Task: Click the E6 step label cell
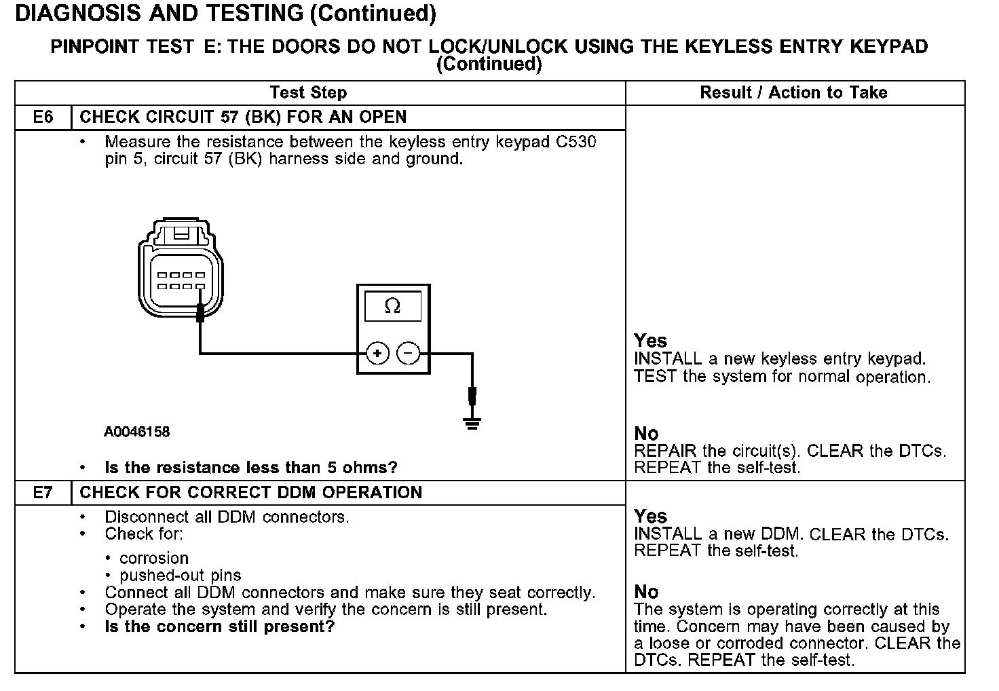click(x=43, y=117)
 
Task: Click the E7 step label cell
click(x=43, y=493)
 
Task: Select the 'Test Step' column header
click(x=308, y=93)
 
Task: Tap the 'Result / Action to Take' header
click(x=793, y=93)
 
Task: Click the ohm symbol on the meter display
click(x=392, y=307)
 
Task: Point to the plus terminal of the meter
click(x=377, y=353)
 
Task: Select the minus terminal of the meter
click(x=408, y=353)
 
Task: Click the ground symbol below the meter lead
click(x=472, y=424)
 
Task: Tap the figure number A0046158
click(x=137, y=432)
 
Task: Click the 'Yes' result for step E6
click(x=650, y=341)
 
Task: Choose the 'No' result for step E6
click(x=646, y=434)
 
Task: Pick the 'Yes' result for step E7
click(x=650, y=517)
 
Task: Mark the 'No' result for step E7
click(x=646, y=592)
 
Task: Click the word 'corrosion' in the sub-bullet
click(x=154, y=559)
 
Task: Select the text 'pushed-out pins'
click(x=181, y=576)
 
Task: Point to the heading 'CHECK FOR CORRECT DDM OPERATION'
click(x=251, y=493)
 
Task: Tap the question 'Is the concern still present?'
click(x=220, y=627)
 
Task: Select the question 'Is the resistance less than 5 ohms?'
click(x=251, y=468)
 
